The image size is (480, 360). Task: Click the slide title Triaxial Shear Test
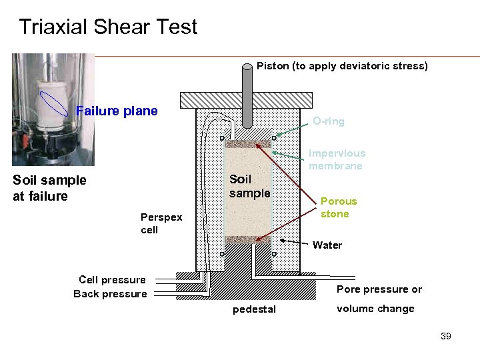point(108,27)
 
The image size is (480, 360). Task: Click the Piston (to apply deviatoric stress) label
point(342,66)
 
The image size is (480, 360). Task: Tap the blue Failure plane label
point(117,111)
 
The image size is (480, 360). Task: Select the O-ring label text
point(329,121)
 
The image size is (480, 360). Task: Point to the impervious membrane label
point(336,159)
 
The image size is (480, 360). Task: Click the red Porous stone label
point(339,207)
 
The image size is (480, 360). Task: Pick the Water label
point(327,245)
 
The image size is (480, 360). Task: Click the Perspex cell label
point(161,223)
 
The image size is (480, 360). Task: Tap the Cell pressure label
point(112,280)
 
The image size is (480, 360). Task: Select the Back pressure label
point(110,294)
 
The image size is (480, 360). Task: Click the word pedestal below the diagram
point(254,309)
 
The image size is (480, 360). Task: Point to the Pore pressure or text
point(379,289)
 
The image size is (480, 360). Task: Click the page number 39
point(446,336)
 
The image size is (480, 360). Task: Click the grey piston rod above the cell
point(247,100)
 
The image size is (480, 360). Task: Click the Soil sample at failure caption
point(49,187)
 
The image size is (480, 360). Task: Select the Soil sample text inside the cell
point(250,186)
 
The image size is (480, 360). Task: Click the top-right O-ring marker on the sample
point(274,138)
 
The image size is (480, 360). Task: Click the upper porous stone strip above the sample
point(248,143)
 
